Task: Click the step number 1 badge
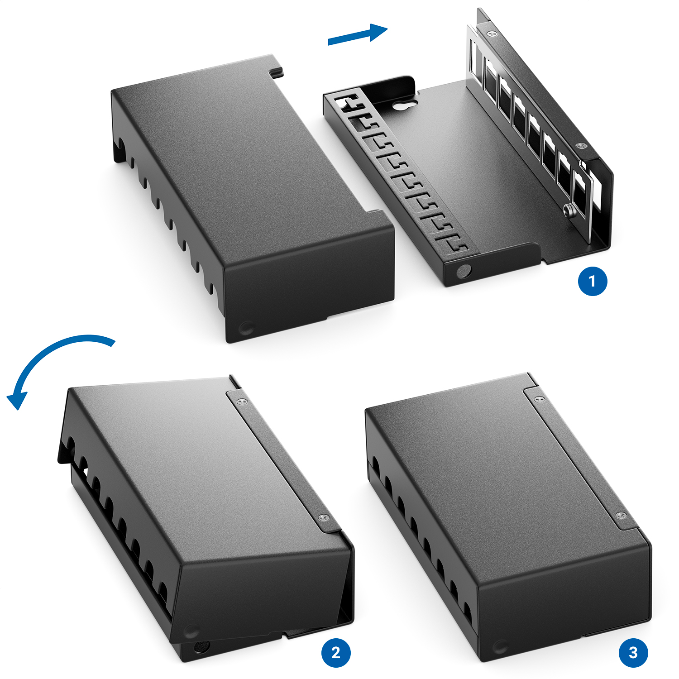[593, 281]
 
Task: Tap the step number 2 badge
[336, 653]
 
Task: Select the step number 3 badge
[633, 653]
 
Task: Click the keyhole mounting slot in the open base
[403, 105]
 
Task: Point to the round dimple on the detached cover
[247, 327]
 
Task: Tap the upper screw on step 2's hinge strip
[243, 401]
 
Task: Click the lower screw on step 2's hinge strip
[323, 518]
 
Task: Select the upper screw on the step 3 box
[539, 400]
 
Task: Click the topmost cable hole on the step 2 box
[70, 444]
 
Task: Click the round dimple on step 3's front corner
[500, 646]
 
